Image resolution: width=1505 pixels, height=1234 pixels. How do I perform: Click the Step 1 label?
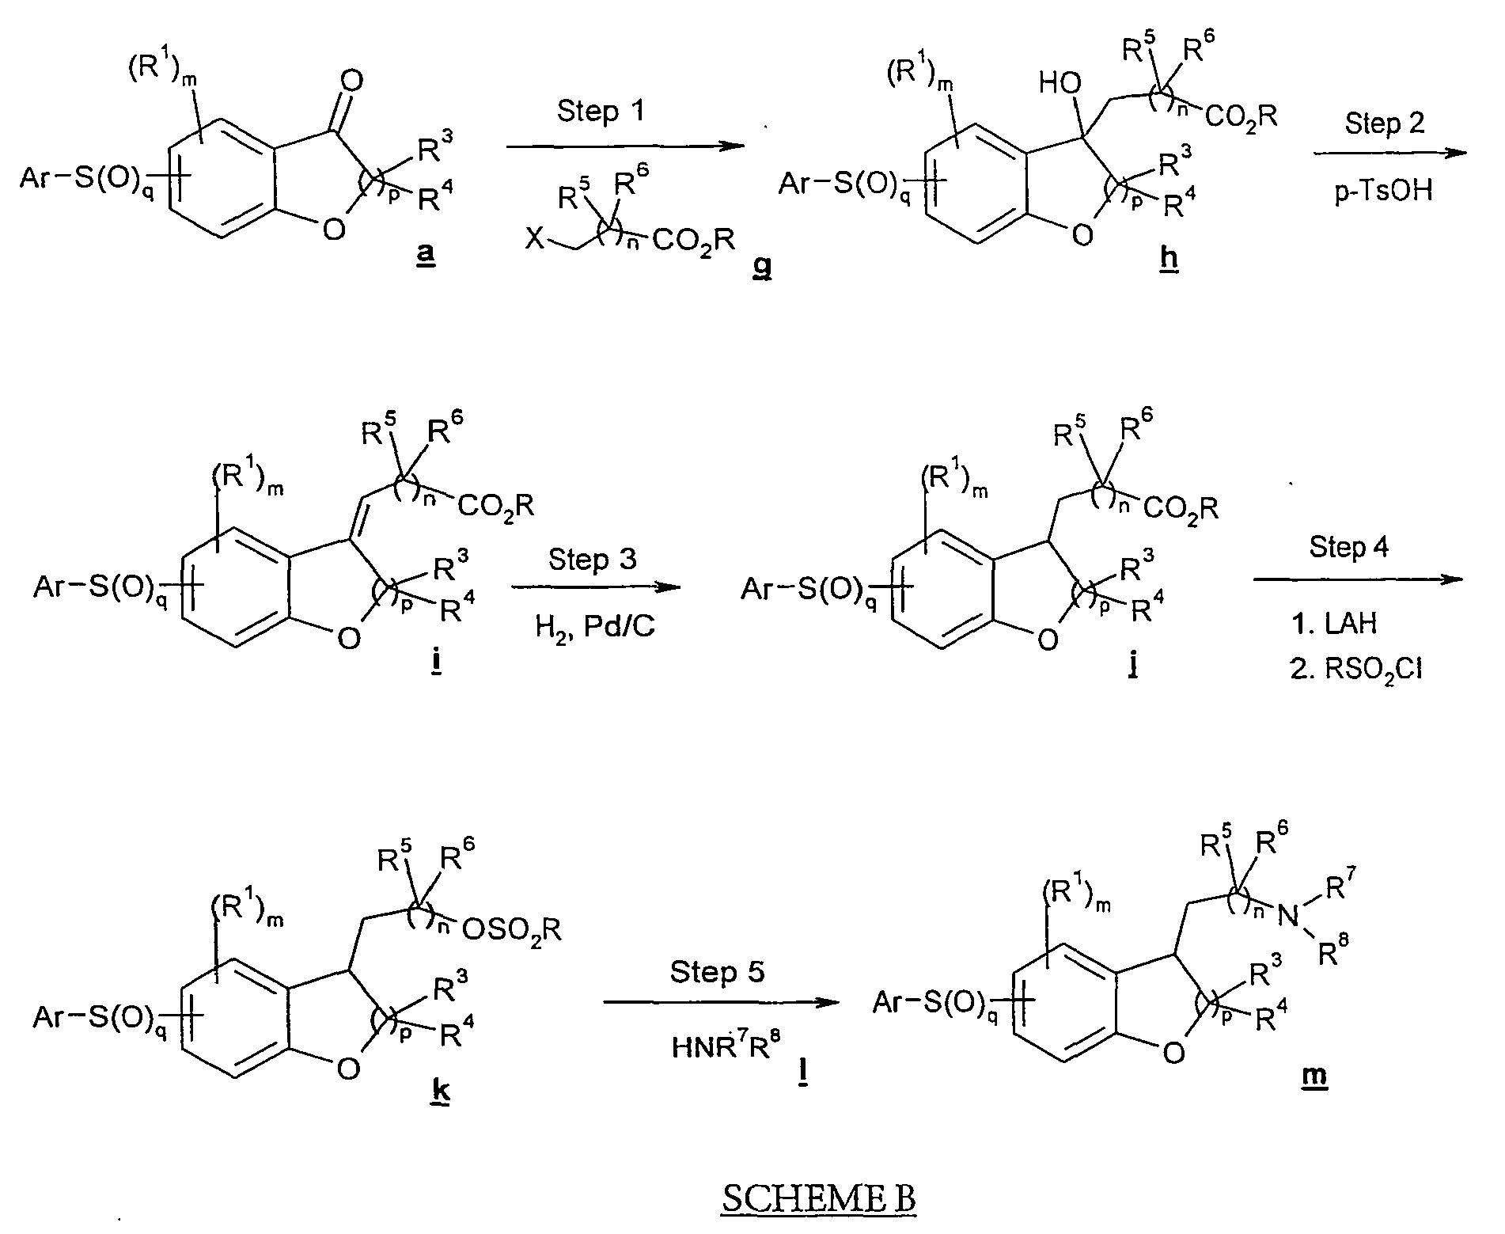[601, 111]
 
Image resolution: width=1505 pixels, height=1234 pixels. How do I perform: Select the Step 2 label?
[1384, 123]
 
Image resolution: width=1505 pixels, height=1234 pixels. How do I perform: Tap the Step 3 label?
[593, 560]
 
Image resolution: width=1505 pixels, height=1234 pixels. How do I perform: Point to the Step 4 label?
[1349, 547]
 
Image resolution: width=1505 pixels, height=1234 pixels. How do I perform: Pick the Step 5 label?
[718, 971]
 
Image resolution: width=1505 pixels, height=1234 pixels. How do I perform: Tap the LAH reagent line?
[1334, 623]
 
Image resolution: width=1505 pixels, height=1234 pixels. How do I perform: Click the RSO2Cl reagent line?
[1355, 670]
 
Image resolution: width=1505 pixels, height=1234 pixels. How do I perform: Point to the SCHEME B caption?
[819, 1198]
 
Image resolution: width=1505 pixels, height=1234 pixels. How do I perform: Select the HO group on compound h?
[1060, 83]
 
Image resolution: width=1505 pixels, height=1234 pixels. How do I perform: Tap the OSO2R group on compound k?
[512, 928]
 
